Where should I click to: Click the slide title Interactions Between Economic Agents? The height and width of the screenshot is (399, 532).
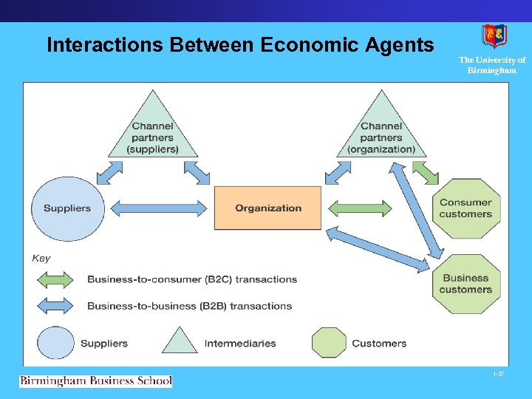click(240, 45)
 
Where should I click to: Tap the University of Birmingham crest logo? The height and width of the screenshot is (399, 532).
click(494, 36)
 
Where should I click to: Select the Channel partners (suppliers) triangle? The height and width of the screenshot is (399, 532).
click(153, 130)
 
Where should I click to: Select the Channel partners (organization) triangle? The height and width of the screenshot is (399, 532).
click(381, 130)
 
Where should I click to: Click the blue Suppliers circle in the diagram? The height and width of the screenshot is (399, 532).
click(66, 208)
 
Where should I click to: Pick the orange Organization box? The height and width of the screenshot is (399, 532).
click(268, 208)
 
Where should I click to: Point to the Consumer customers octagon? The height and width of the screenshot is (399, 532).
click(465, 208)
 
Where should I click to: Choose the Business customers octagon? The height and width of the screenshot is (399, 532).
click(465, 284)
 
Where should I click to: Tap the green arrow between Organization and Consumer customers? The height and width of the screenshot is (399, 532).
click(359, 208)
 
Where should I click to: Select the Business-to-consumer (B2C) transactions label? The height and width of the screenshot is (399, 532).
click(192, 279)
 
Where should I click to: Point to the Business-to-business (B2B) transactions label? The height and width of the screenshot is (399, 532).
click(190, 306)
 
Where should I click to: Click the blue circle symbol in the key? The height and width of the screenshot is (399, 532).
click(56, 343)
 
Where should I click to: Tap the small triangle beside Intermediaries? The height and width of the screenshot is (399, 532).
click(179, 341)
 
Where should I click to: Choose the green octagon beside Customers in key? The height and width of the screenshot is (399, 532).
click(329, 343)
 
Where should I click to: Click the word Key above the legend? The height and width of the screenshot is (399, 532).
click(41, 258)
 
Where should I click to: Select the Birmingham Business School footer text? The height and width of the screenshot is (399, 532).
click(95, 381)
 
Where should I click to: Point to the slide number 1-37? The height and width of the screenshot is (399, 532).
click(499, 375)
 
